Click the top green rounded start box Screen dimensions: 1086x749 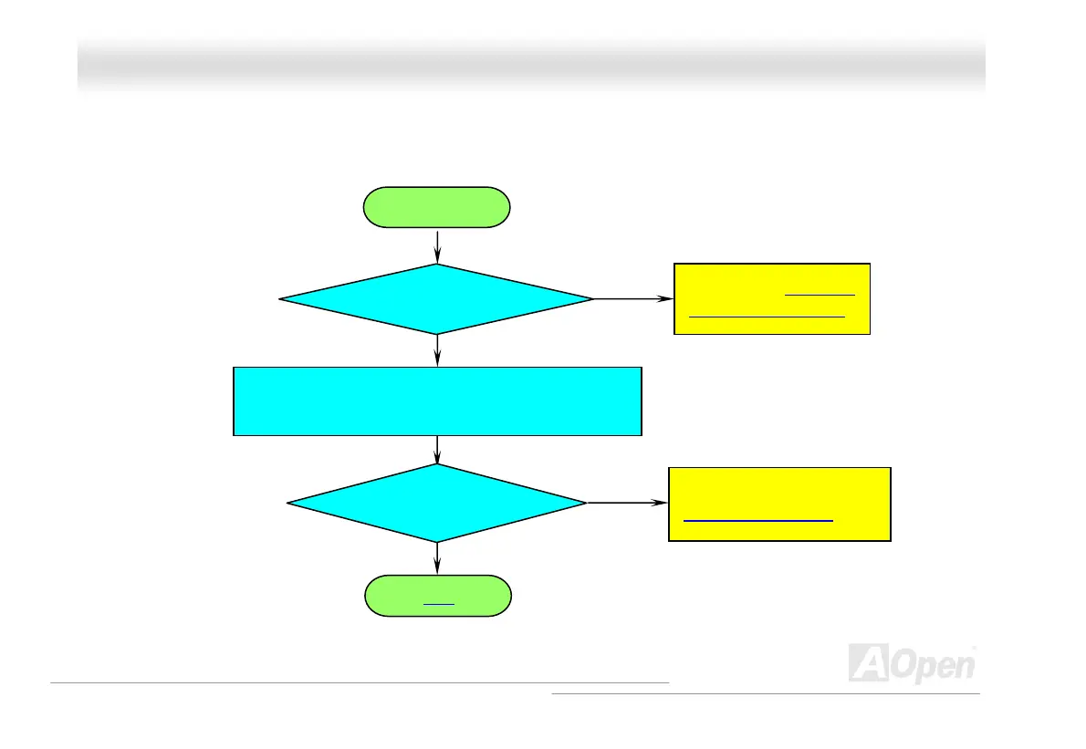[437, 207]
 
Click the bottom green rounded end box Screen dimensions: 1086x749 [437, 597]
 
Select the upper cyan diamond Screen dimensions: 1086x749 [436, 298]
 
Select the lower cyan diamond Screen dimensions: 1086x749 [436, 503]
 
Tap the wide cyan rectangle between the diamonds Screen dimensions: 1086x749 [437, 401]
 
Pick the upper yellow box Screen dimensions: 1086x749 [771, 299]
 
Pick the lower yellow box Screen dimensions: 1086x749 [779, 505]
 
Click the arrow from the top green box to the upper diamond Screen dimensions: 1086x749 [438, 245]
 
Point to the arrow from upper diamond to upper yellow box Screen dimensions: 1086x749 [632, 298]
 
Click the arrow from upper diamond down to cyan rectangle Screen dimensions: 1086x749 [438, 349]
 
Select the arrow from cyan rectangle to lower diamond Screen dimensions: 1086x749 [438, 449]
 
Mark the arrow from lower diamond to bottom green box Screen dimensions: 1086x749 [438, 557]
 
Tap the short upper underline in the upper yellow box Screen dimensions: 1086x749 [820, 295]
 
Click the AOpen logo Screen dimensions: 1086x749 [912, 663]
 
